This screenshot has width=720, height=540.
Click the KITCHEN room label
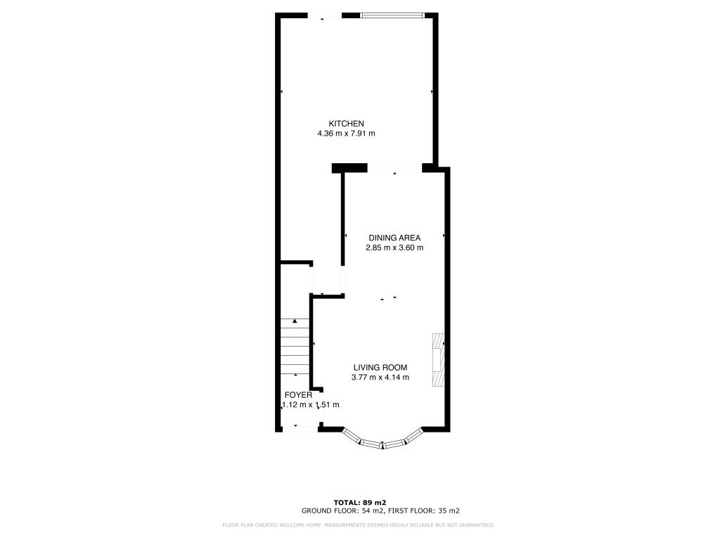[x=346, y=124]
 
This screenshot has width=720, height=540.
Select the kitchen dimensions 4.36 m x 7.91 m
[x=346, y=134]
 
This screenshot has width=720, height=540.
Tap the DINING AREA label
[x=394, y=238]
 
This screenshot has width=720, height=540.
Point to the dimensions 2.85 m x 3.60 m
[x=394, y=247]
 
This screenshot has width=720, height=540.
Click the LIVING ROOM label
[x=380, y=367]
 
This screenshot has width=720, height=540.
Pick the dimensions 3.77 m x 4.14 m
[x=380, y=378]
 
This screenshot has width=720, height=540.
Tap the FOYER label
[x=298, y=395]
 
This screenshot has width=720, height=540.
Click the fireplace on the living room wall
[x=437, y=359]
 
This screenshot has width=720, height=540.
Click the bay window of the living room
[x=383, y=442]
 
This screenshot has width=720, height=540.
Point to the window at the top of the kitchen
[x=392, y=15]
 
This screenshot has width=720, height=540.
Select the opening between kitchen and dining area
[x=394, y=168]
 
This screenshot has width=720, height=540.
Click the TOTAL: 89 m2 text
[x=360, y=502]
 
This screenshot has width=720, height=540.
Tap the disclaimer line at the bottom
[x=359, y=525]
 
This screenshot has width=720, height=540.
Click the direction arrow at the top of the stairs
[x=295, y=321]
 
